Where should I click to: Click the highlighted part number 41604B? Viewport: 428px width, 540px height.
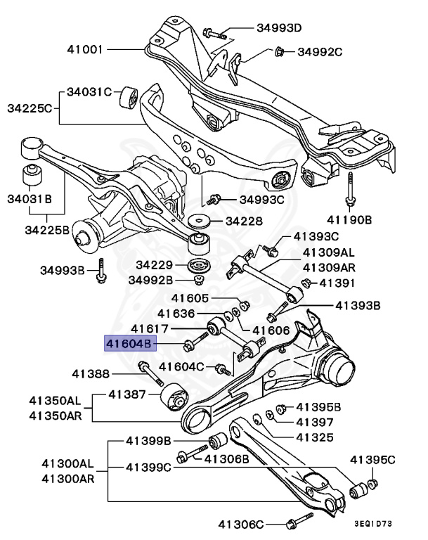click(x=129, y=344)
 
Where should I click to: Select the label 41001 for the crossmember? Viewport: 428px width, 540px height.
click(x=86, y=50)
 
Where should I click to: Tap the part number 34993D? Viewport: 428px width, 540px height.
click(x=278, y=29)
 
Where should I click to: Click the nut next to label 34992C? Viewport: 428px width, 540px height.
click(x=279, y=51)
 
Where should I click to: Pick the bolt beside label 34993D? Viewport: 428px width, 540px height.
click(x=214, y=32)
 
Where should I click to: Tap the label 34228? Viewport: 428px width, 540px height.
click(x=243, y=221)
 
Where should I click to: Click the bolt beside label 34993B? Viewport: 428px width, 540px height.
click(x=103, y=271)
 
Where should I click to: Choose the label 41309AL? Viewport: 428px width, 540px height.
click(x=329, y=252)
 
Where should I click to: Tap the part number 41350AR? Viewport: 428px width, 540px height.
click(x=55, y=416)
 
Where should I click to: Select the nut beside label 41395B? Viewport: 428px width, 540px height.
click(x=280, y=407)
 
